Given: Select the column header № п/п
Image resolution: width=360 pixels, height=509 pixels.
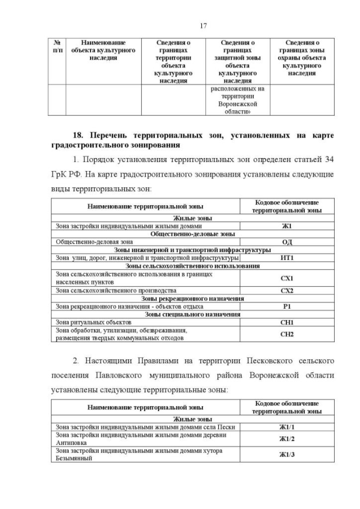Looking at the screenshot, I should (57, 46).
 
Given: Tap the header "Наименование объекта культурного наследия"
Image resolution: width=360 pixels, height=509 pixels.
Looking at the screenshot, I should (103, 50).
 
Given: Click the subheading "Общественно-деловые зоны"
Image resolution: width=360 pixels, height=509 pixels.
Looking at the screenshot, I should (192, 234).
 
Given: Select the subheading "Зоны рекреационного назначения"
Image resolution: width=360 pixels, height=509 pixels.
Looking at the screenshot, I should (192, 298).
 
